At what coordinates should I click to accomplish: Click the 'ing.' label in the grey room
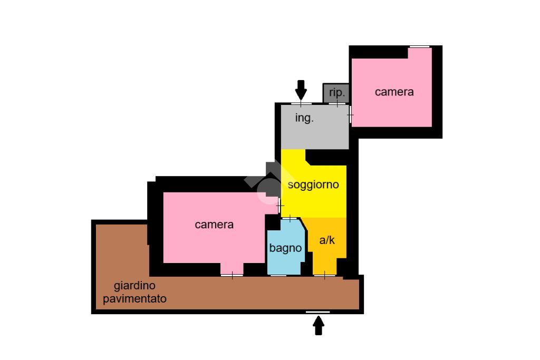click(x=304, y=119)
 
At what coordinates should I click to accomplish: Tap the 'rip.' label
click(x=337, y=93)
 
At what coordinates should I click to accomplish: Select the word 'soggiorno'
click(x=313, y=185)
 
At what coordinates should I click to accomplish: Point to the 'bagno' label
click(x=285, y=248)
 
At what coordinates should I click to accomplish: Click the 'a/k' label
click(x=327, y=240)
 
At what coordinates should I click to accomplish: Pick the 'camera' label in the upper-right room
click(x=394, y=92)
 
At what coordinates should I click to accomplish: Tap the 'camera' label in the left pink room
click(x=214, y=225)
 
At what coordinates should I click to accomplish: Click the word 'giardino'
click(x=135, y=286)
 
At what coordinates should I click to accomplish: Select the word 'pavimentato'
click(x=135, y=299)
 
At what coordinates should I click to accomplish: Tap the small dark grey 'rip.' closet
click(x=336, y=93)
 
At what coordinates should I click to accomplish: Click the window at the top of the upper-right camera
click(x=419, y=47)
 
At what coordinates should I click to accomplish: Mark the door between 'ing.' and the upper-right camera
click(x=350, y=114)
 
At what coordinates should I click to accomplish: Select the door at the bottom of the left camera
click(x=232, y=275)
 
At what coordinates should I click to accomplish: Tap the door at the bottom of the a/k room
click(x=324, y=275)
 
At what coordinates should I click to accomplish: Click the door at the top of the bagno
click(x=290, y=218)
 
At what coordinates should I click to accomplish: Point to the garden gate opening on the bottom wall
click(x=318, y=312)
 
